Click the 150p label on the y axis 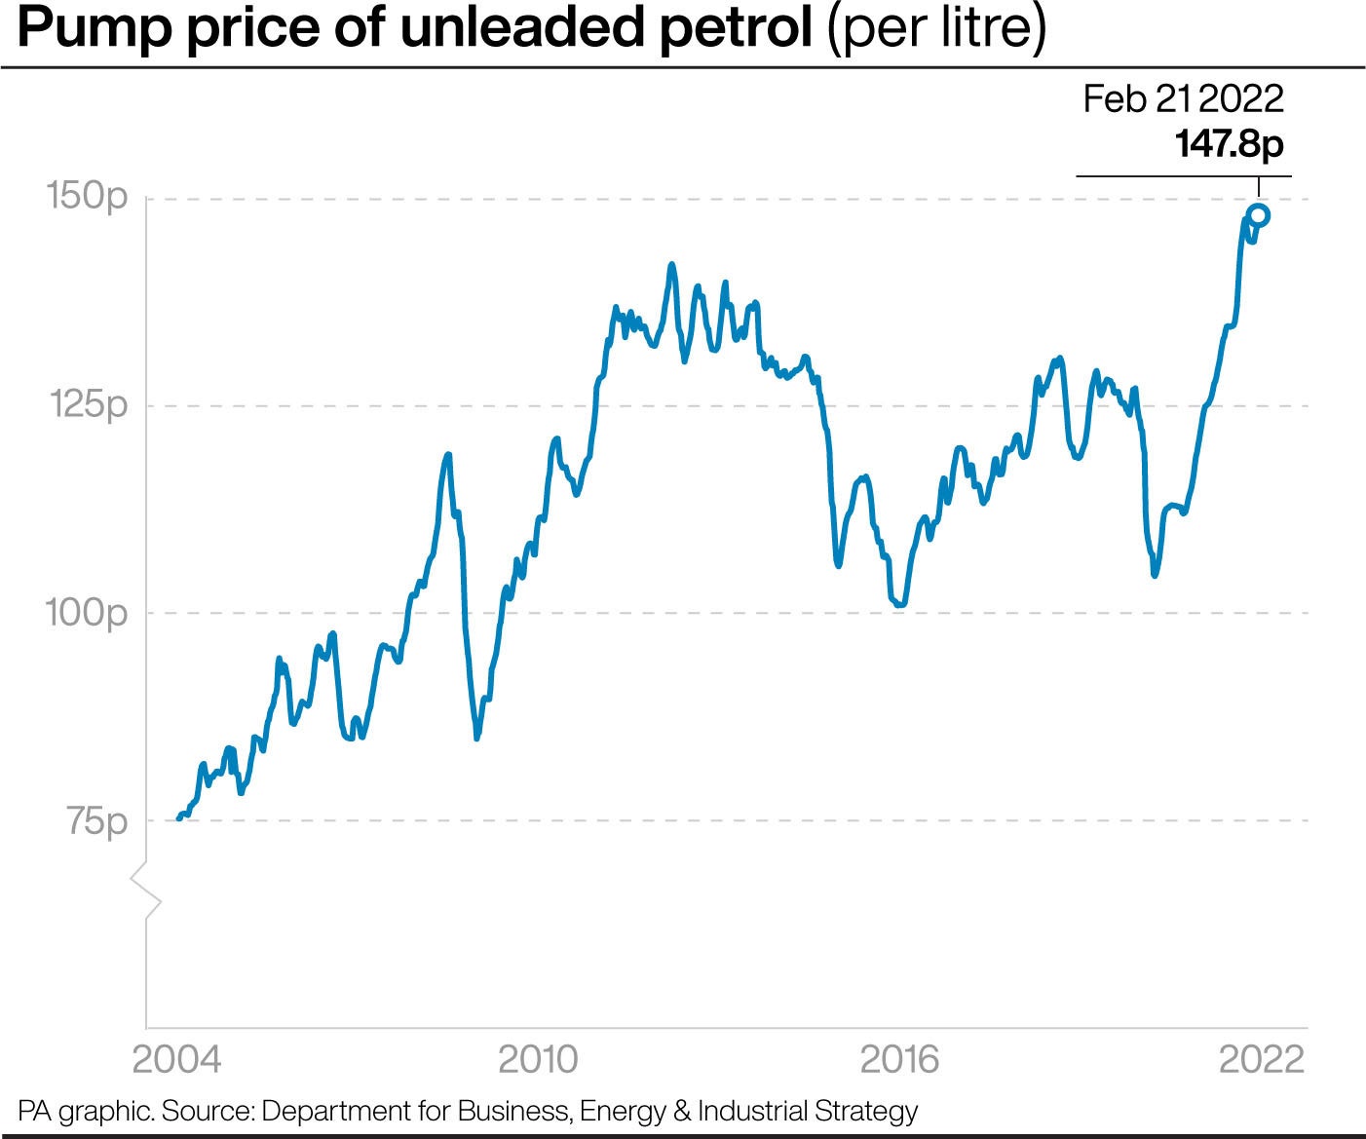click(88, 197)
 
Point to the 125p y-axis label click(88, 404)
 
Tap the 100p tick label click(86, 613)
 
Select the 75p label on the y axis click(97, 821)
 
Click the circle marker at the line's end click(1258, 215)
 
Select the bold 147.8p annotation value click(1229, 144)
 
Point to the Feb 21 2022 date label click(1183, 98)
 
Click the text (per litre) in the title click(935, 30)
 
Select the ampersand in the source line click(681, 1112)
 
